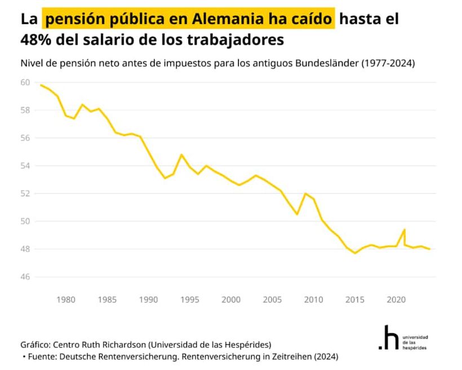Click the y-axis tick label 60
pyautogui.click(x=25, y=82)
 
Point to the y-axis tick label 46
pyautogui.click(x=25, y=277)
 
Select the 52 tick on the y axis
pyautogui.click(x=25, y=193)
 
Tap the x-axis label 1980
pyautogui.click(x=66, y=299)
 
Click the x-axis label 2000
pyautogui.click(x=231, y=299)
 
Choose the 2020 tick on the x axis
pyautogui.click(x=396, y=299)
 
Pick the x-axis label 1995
pyautogui.click(x=190, y=299)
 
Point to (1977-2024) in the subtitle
pyautogui.click(x=388, y=63)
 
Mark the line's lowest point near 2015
pyautogui.click(x=355, y=253)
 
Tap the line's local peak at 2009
pyautogui.click(x=305, y=193)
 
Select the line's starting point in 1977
pyautogui.click(x=41, y=85)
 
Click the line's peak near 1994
pyautogui.click(x=181, y=155)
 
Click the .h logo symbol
pyautogui.click(x=388, y=337)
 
